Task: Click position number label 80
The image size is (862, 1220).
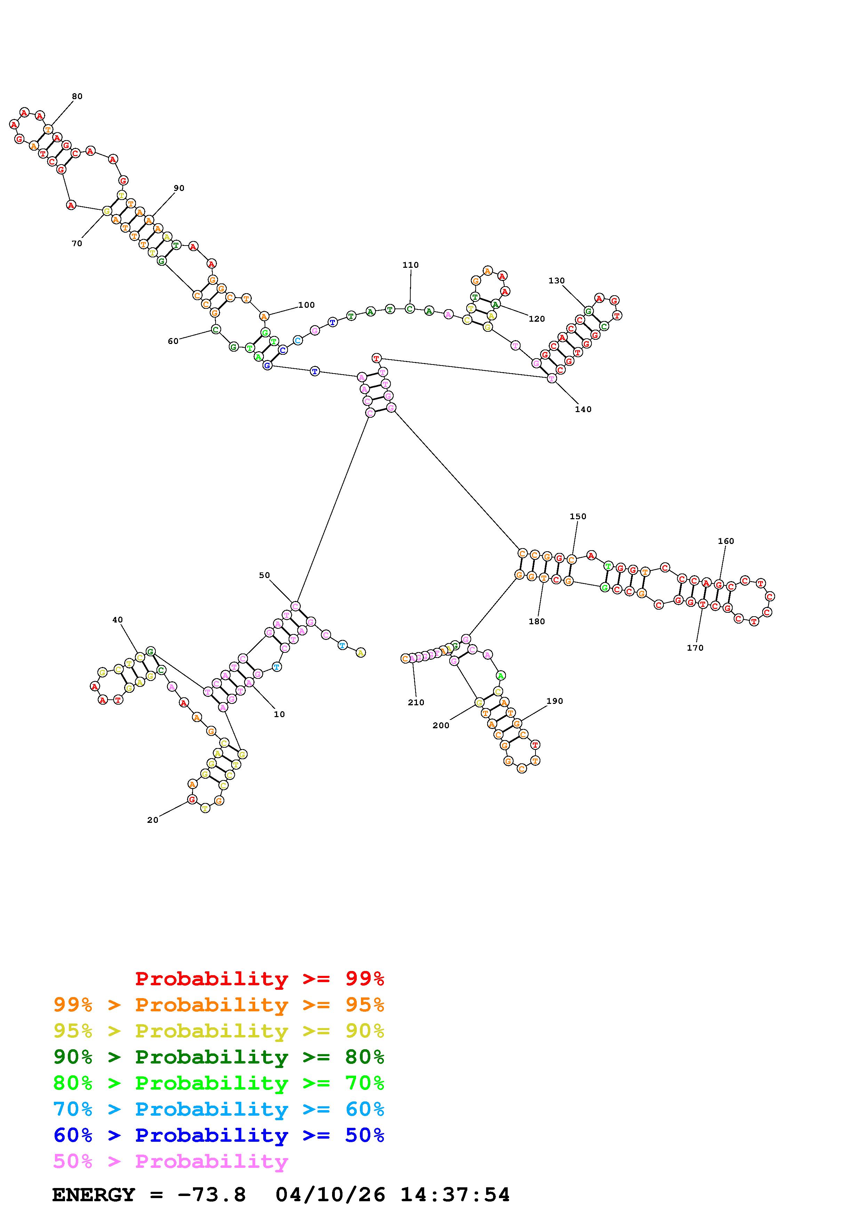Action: point(77,96)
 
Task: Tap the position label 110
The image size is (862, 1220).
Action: point(410,265)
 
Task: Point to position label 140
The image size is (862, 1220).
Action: point(583,409)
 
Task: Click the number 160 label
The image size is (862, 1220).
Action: point(725,541)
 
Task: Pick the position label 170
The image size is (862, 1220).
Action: point(695,648)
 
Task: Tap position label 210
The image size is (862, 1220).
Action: point(416,703)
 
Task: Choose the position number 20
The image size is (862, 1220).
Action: point(152,820)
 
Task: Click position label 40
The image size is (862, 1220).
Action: point(118,620)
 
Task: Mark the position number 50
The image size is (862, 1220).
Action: point(264,575)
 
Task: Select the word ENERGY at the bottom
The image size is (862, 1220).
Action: point(94,1195)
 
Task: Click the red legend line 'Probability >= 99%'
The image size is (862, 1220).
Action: point(260,978)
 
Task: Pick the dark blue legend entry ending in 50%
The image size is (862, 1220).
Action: point(219,1135)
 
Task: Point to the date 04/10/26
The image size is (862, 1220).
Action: point(330,1195)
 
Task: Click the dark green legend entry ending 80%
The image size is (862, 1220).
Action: point(219,1057)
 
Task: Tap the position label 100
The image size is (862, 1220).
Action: point(306,305)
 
